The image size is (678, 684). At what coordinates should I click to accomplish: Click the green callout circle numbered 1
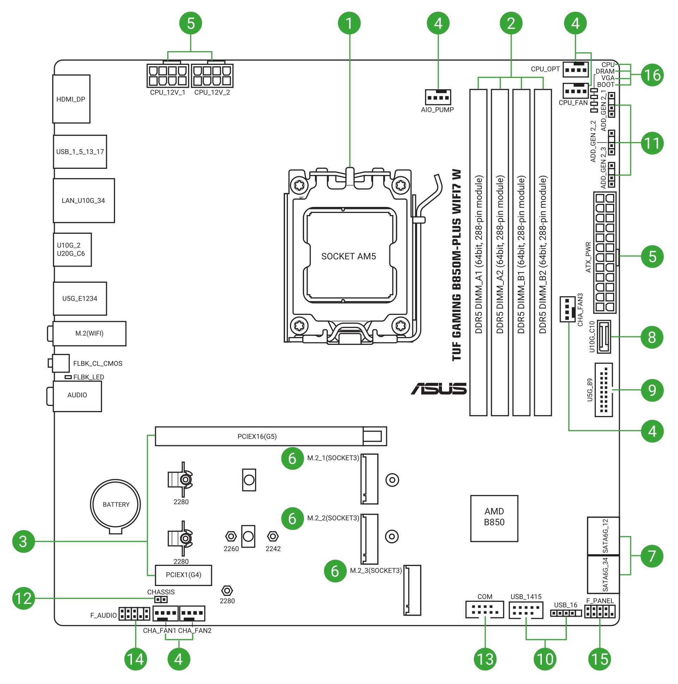[349, 23]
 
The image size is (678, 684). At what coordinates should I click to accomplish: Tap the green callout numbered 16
[652, 75]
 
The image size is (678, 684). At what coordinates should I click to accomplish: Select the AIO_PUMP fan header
[438, 97]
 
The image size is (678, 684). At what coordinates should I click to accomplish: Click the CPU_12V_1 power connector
[168, 75]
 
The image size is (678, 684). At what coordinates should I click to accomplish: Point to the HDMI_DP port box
[71, 99]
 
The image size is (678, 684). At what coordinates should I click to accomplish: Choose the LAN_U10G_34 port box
[84, 200]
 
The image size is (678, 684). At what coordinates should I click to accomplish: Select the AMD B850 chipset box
[494, 518]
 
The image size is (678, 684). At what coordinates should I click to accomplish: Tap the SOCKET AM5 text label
[348, 256]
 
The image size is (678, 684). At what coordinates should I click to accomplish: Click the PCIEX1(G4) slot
[183, 575]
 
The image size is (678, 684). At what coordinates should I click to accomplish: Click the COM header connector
[484, 609]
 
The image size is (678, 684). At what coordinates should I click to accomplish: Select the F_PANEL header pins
[600, 611]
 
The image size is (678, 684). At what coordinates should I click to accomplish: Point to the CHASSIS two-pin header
[161, 599]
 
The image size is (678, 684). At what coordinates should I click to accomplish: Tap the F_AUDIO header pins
[134, 613]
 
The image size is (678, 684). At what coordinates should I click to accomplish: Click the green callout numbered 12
[23, 598]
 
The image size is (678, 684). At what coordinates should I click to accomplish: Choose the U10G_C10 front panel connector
[604, 337]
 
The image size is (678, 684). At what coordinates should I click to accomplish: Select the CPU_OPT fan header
[575, 69]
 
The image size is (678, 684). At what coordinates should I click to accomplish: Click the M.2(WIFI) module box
[89, 334]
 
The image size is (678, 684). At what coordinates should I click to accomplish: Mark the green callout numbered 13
[485, 659]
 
